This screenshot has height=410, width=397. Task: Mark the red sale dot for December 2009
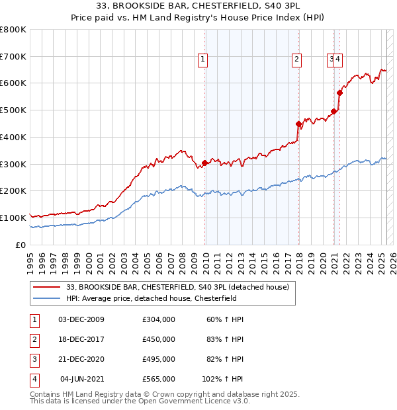tap(205, 163)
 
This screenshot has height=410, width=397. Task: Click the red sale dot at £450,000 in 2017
tap(299, 124)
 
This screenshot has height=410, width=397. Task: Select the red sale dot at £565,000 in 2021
tap(339, 93)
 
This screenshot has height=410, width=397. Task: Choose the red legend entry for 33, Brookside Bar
tap(177, 288)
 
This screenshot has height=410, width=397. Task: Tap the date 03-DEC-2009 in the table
tap(81, 319)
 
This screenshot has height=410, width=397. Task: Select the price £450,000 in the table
tap(158, 339)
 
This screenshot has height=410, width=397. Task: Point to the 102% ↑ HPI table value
tap(223, 379)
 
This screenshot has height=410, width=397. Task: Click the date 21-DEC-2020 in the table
tap(81, 359)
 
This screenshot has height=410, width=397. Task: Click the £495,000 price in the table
tap(158, 359)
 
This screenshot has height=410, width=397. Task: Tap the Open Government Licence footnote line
tap(140, 401)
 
